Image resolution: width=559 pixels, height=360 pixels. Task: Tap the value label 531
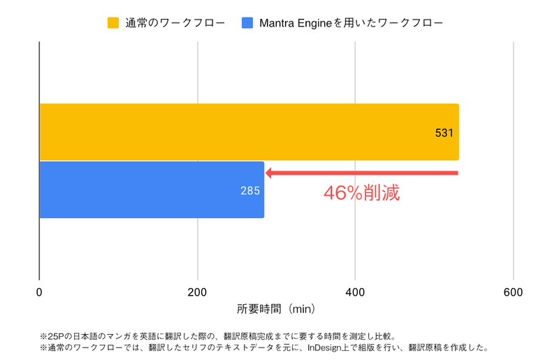pos(444,133)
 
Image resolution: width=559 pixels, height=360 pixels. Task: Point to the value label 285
pos(250,190)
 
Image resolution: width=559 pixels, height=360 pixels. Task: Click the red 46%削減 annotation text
pos(361,193)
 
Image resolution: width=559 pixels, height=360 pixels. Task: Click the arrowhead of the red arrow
pos(270,173)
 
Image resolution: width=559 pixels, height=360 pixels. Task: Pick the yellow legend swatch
pos(112,23)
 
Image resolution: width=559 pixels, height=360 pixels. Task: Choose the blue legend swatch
pos(247,23)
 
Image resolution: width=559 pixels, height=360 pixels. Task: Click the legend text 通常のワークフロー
pos(175,23)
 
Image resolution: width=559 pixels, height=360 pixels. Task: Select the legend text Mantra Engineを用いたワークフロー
pos(351,23)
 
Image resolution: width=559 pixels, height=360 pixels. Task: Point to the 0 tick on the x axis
pos(39,292)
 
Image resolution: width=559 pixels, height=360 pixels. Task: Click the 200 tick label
pos(198,292)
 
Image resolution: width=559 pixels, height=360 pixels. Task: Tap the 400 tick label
pos(356,292)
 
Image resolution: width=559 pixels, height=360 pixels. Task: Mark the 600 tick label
pos(514,292)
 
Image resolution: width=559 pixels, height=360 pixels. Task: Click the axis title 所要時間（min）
pos(277,308)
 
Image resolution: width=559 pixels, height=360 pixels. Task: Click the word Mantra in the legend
pos(277,23)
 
